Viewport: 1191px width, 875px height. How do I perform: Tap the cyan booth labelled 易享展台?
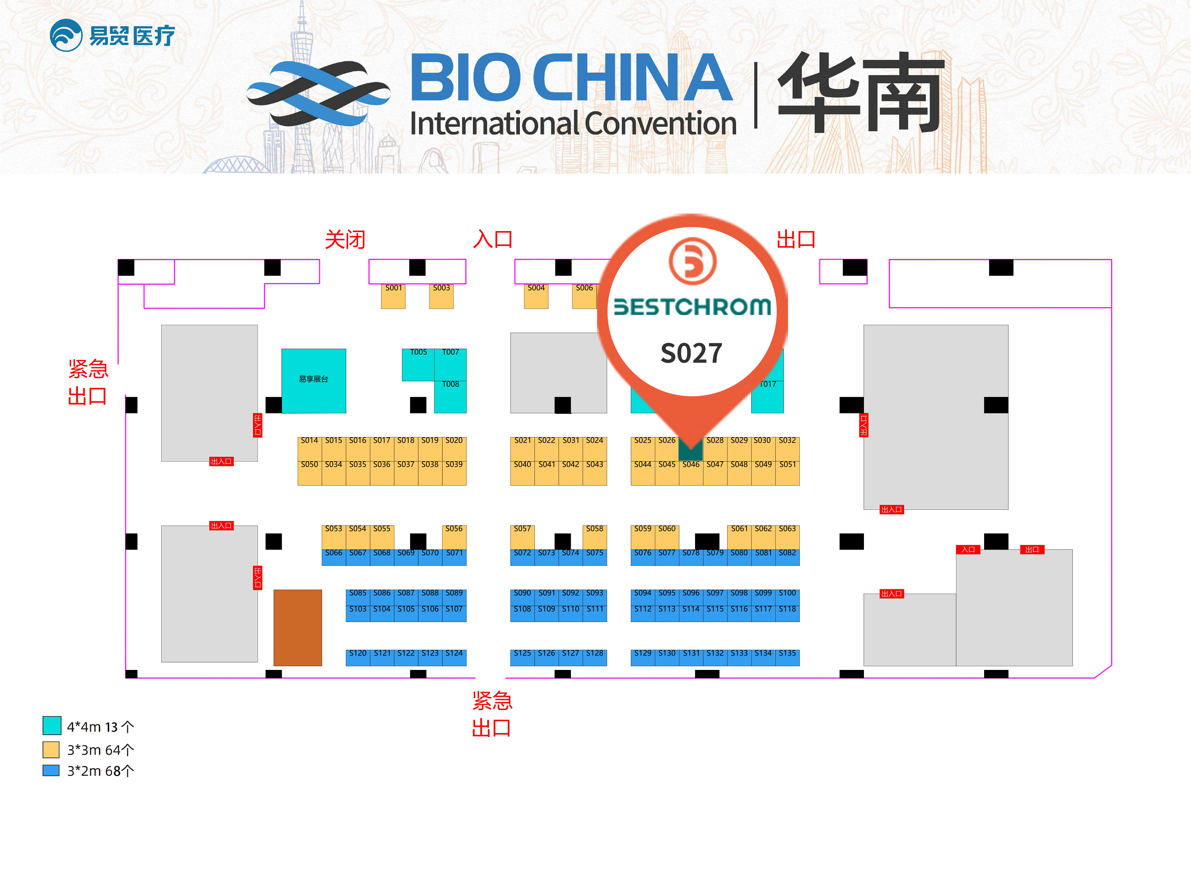point(313,380)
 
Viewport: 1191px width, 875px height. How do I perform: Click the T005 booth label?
point(418,352)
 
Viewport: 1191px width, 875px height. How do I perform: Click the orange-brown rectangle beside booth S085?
point(297,628)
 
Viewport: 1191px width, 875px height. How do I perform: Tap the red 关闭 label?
point(345,240)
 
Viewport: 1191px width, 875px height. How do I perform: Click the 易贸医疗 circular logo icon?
point(66,36)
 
